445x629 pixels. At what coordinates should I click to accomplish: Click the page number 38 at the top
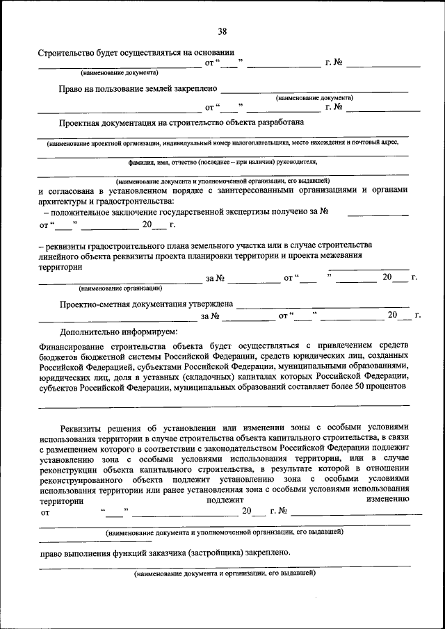222,31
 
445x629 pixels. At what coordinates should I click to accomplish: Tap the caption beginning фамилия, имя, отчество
222,162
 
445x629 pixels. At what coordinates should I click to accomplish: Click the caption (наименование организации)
120,288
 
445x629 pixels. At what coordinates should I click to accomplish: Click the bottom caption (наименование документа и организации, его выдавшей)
225,574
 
